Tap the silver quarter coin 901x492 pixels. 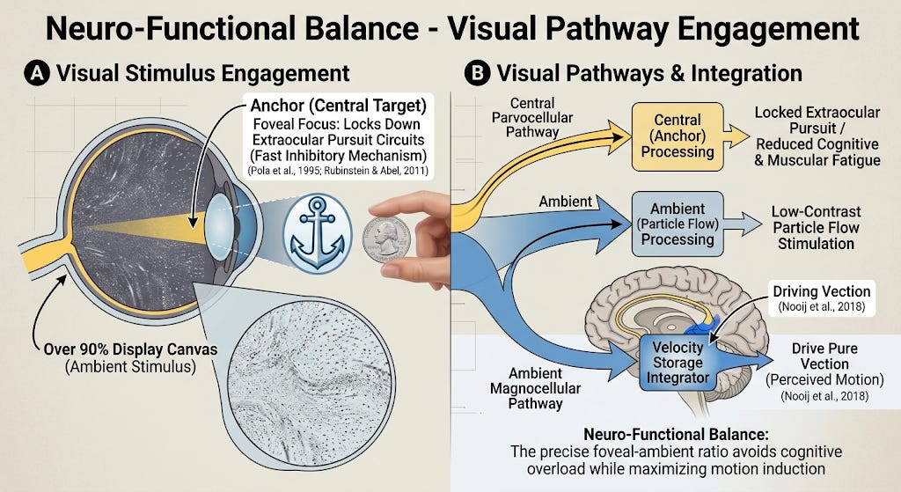[x=387, y=239]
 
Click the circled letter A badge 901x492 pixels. [x=37, y=74]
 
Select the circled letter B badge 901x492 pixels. [x=477, y=74]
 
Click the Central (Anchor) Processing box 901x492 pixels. [x=678, y=136]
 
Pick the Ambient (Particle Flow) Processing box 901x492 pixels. [x=678, y=224]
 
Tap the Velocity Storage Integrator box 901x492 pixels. [x=678, y=363]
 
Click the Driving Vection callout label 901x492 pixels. [x=822, y=297]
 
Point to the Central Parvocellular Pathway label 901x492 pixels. [x=532, y=117]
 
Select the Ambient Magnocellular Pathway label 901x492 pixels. [x=535, y=388]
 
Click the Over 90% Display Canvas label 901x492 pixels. [x=130, y=357]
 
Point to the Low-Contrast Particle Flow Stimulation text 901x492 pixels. [x=816, y=228]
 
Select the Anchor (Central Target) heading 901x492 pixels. [x=339, y=106]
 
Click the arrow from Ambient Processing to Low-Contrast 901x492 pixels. [x=743, y=224]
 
